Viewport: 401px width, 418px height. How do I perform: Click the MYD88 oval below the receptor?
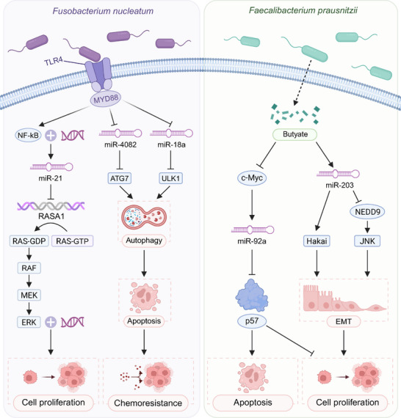pyautogui.click(x=106, y=100)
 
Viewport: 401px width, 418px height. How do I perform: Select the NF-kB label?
pyautogui.click(x=28, y=136)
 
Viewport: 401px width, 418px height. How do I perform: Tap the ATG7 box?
pyautogui.click(x=119, y=178)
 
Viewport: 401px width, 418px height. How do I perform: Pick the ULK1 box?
pyautogui.click(x=170, y=178)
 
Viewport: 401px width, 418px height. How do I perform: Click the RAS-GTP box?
pyautogui.click(x=72, y=241)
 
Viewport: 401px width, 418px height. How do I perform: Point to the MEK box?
pyautogui.click(x=29, y=295)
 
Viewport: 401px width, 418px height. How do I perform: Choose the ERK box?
pyautogui.click(x=29, y=322)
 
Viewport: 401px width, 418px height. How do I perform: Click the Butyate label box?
pyautogui.click(x=295, y=134)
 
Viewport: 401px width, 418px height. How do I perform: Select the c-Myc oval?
pyautogui.click(x=252, y=177)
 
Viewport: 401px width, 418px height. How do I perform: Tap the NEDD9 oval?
pyautogui.click(x=367, y=212)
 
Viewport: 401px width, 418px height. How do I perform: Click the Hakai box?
pyautogui.click(x=317, y=241)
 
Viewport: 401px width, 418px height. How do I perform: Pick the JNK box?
pyautogui.click(x=367, y=241)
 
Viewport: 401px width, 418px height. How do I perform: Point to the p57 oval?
pyautogui.click(x=252, y=321)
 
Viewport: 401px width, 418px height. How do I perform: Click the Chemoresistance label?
pyautogui.click(x=148, y=403)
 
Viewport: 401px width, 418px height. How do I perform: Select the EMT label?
pyautogui.click(x=344, y=322)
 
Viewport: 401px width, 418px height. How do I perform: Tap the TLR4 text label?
pyautogui.click(x=53, y=62)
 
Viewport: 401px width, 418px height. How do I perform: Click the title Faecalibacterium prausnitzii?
pyautogui.click(x=303, y=10)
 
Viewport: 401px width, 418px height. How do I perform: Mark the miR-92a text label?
pyautogui.click(x=252, y=241)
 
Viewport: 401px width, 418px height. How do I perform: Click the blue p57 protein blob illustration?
pyautogui.click(x=252, y=296)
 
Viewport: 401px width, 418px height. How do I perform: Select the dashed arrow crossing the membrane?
pyautogui.click(x=303, y=83)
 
